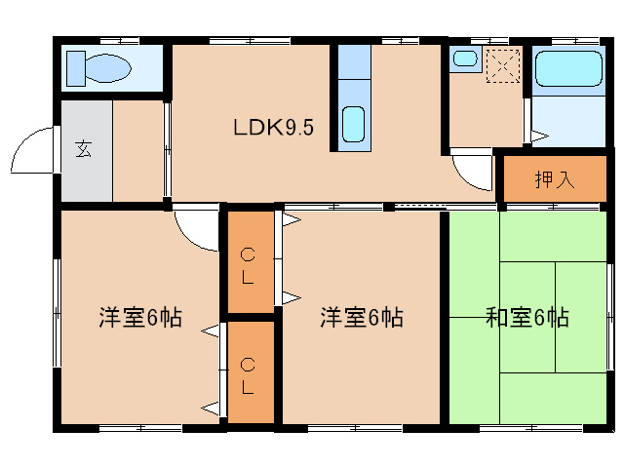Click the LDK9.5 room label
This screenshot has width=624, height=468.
(273, 128)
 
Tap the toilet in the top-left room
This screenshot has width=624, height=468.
(97, 69)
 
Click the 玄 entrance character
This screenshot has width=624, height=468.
(84, 150)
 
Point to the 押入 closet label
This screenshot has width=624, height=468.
(555, 180)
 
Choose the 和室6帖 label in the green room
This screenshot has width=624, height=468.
(527, 317)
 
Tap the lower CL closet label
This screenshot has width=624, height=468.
(249, 375)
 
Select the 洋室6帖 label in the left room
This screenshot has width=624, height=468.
(139, 318)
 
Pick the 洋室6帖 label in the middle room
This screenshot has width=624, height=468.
(362, 317)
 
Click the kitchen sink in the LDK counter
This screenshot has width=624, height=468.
(354, 123)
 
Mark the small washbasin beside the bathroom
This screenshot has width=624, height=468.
(465, 58)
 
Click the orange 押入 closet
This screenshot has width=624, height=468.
(555, 180)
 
